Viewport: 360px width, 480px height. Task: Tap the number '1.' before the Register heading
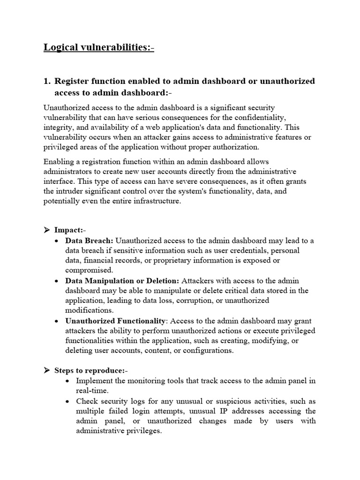(47, 81)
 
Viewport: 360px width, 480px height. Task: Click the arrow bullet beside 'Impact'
(47, 230)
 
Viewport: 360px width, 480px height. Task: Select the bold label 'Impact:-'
(70, 230)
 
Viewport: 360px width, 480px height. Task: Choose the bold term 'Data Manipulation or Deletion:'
(122, 281)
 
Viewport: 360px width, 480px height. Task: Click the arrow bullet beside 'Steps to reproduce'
(47, 370)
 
